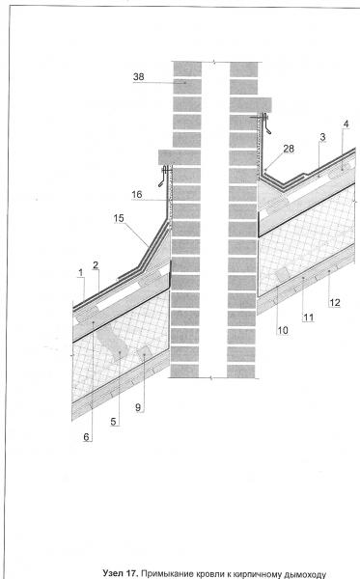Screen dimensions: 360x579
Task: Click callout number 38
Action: pos(139,77)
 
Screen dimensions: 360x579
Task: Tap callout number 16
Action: pos(137,194)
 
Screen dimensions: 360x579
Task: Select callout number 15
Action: pos(119,218)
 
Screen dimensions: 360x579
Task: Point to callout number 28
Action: pos(289,149)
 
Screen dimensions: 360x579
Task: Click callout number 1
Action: pos(81,273)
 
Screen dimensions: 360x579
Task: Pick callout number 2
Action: pos(96,265)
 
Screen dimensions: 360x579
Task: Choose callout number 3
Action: pos(322,137)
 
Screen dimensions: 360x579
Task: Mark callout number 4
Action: pos(346,124)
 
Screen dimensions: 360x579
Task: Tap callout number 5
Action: pos(113,422)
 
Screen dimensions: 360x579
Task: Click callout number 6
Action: pos(87,437)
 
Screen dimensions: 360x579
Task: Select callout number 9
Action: pos(138,407)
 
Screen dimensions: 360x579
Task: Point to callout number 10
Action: pos(283,330)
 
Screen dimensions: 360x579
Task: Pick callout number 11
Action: pos(308,317)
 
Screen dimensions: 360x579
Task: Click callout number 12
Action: pos(335,303)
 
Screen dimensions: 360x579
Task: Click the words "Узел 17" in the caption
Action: pos(121,573)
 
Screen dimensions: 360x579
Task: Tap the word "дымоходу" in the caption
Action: pos(308,574)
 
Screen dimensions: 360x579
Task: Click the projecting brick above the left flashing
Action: pos(180,157)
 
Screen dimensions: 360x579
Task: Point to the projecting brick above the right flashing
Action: pos(251,105)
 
